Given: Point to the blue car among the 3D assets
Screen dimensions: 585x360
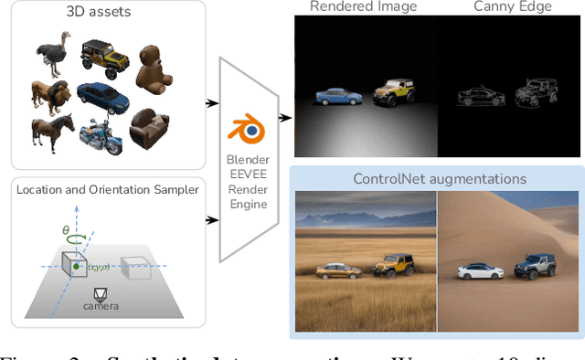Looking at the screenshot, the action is point(99,94).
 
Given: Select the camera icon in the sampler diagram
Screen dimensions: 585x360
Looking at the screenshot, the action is point(101,294).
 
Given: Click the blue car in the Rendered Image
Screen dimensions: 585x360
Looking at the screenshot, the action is point(337,98).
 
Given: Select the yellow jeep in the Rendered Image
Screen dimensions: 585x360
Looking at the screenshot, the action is point(393,92).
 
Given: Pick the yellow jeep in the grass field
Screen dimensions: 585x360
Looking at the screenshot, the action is point(394,266).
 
